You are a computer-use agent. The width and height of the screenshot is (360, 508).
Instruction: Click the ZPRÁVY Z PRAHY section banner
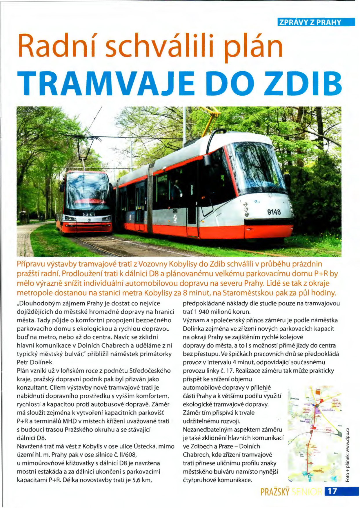click(316, 22)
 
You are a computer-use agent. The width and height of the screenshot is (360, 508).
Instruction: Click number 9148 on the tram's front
click(274, 212)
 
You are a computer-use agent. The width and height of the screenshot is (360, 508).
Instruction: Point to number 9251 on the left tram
click(88, 215)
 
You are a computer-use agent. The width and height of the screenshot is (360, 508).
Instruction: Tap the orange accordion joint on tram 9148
click(150, 198)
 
